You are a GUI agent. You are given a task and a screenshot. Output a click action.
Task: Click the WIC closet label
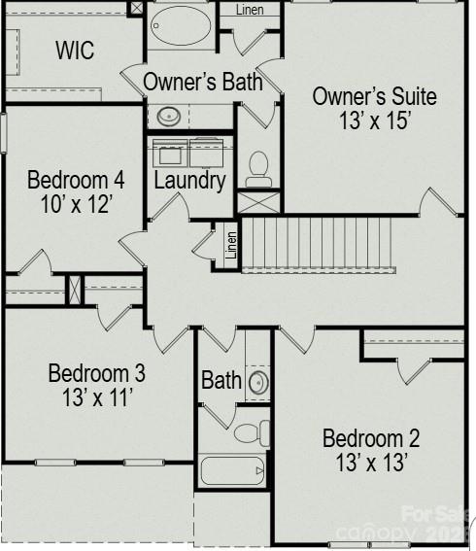pos(75,51)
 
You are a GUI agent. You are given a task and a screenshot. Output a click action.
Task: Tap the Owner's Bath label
pos(203,82)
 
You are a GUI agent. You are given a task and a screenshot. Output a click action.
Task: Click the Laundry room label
pos(189,180)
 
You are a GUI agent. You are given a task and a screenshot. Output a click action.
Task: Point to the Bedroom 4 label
pos(75,181)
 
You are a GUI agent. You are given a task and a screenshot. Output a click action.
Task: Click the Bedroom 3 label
pos(96,373)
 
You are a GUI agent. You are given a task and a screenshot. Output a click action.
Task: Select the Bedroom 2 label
pos(371,438)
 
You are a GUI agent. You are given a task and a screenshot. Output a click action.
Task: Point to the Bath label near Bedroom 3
pos(221,380)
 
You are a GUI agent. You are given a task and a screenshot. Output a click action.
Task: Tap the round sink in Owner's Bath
pos(169,116)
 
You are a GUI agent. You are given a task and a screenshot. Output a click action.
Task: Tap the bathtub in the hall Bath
pos(232,472)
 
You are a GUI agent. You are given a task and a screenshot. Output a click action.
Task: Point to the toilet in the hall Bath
pos(252,431)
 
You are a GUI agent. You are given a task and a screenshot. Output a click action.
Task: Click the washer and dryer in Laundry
pos(190,152)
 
